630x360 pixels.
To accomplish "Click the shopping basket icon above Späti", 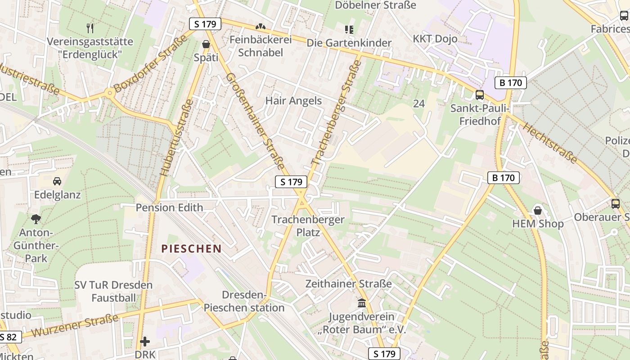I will coord(206,44).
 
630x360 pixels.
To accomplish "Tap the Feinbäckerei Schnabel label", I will coord(261,46).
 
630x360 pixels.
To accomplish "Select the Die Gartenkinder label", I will coord(349,43).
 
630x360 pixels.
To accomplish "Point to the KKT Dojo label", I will coord(435,39).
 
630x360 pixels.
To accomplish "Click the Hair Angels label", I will coord(293,101).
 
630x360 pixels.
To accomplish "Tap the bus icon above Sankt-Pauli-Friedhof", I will coord(480,95).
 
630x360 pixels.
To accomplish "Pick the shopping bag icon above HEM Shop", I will coord(537,210).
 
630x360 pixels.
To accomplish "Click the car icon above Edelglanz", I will coord(57,181).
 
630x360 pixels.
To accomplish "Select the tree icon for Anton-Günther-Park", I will coord(36,219).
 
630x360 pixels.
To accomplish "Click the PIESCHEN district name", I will coord(192,248).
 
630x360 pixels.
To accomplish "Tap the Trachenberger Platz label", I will coord(308,226).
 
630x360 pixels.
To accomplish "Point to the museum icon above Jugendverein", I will coord(362,303).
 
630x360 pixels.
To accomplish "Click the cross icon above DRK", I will coord(144,342).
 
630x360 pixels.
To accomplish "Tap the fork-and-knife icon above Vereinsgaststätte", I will coord(90,28).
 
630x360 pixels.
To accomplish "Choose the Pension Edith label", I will coord(169,207).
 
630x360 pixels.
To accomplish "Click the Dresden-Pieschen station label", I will coord(244,301).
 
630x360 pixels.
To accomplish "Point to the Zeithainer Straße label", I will coord(348,284).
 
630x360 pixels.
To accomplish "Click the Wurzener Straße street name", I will coord(75,326).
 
